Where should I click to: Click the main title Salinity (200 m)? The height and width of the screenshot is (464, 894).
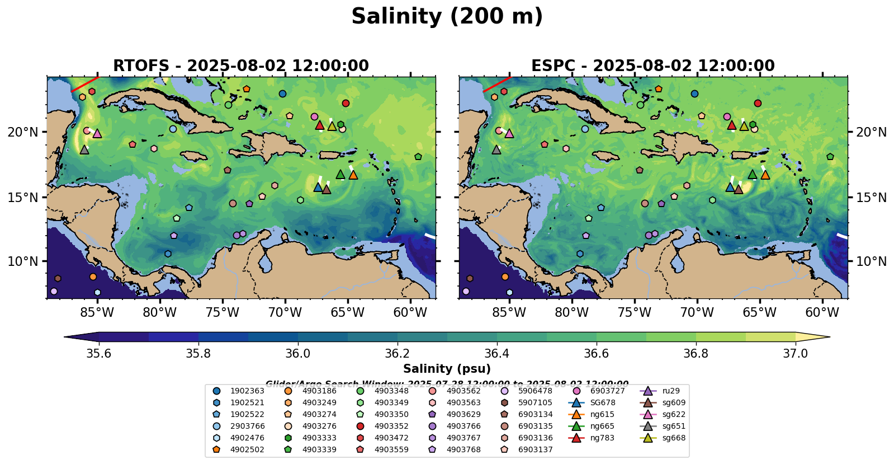(447, 17)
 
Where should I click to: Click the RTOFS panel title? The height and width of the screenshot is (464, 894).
(241, 66)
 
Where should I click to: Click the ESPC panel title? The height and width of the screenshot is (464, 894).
(652, 66)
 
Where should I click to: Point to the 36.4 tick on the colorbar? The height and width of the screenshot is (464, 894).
(497, 353)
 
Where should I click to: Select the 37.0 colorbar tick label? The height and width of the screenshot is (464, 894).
(795, 353)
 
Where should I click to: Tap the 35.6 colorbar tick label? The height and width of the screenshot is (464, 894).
(99, 353)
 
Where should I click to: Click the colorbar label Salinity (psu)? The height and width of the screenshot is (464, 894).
(447, 369)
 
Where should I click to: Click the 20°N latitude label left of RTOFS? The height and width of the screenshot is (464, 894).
(23, 132)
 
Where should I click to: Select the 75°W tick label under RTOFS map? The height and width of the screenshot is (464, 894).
(223, 312)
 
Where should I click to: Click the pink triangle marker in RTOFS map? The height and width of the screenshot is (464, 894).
(97, 133)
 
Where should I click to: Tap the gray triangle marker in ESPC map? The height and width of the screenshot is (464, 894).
(496, 149)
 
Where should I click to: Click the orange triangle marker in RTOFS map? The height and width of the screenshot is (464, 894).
(353, 175)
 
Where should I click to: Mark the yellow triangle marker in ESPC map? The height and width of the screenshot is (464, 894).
(744, 126)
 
